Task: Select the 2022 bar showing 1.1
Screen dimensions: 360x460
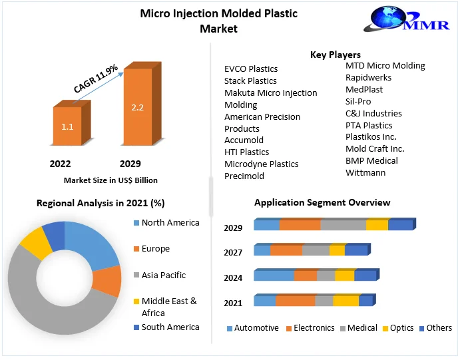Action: pos(67,126)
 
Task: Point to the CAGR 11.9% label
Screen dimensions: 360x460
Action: pos(96,79)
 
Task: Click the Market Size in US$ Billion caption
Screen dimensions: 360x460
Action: pos(111,180)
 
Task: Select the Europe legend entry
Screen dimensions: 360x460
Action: pos(155,249)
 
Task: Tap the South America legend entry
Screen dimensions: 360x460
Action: pos(170,327)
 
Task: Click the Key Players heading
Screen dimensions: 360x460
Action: pos(335,55)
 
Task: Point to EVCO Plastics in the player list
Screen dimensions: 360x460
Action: pos(251,69)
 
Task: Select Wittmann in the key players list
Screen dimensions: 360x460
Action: pos(365,172)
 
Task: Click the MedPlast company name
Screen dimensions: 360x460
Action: pos(364,89)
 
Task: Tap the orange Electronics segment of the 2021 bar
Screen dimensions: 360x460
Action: pos(295,301)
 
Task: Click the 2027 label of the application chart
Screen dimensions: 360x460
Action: pos(233,253)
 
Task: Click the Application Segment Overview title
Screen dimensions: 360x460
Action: pos(322,202)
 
